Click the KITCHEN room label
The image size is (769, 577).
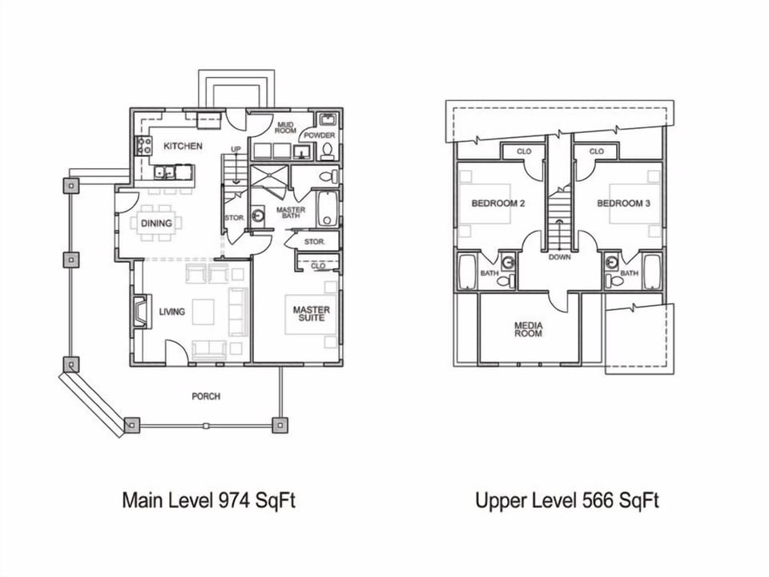183,146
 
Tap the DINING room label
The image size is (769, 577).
156,224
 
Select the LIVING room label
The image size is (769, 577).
171,312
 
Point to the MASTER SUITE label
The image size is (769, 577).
311,315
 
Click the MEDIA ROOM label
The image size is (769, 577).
529,329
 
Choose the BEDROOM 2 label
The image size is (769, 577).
497,204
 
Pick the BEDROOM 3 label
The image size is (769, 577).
623,204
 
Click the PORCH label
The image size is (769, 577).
206,397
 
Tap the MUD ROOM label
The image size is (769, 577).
286,128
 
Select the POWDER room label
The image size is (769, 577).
318,135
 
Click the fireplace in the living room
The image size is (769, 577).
139,312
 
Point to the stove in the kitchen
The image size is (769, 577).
144,145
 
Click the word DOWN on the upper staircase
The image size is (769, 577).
559,257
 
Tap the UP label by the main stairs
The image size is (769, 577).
236,150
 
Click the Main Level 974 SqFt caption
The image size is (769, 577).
209,501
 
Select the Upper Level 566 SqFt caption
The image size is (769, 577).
566,501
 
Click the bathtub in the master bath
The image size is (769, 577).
328,209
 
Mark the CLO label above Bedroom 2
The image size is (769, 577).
524,151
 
